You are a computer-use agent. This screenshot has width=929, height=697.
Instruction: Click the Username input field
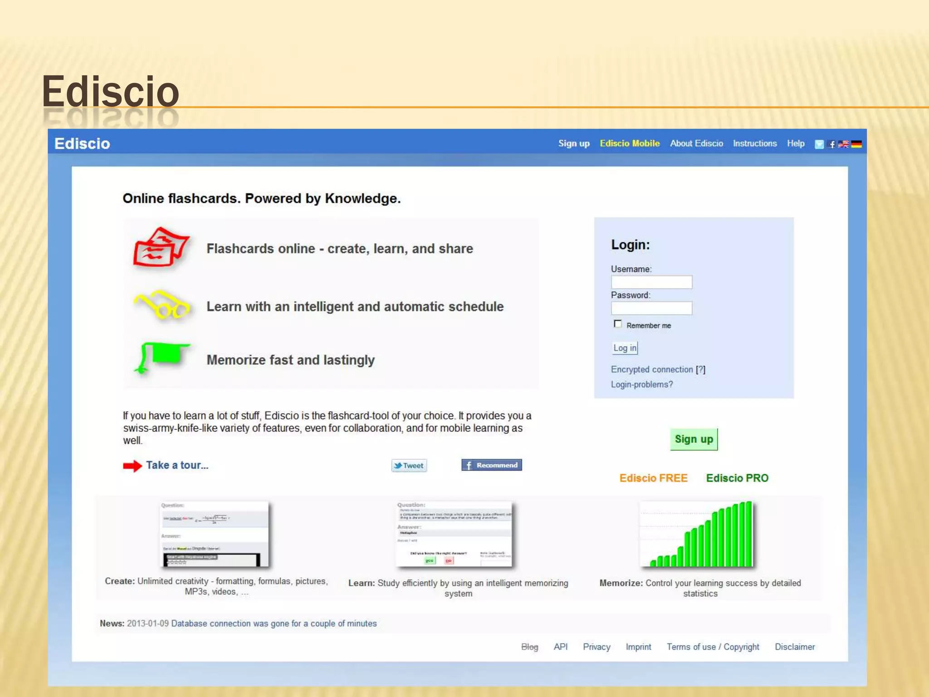point(651,282)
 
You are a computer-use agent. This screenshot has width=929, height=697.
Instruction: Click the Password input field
point(651,309)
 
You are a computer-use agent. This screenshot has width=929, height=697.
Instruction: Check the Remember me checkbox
point(617,324)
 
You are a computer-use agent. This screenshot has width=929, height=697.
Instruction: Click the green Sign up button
point(694,439)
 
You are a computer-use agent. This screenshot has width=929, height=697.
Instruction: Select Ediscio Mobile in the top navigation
point(630,143)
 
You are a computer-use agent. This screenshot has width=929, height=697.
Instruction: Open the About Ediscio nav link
point(696,143)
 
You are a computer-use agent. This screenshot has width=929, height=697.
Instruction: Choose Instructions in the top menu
point(755,143)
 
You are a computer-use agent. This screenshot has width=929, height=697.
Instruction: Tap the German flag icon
point(856,144)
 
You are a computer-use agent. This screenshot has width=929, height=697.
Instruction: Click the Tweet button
point(409,466)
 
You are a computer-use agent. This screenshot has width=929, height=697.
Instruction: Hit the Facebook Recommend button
point(492,465)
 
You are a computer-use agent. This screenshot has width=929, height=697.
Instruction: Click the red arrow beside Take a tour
point(132,466)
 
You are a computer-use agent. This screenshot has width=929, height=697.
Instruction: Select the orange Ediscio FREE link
point(653,478)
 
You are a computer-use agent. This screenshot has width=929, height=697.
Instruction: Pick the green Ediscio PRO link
point(737,478)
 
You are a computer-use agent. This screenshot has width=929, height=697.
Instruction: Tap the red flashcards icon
point(161,247)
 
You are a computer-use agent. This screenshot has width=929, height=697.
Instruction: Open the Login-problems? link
point(642,385)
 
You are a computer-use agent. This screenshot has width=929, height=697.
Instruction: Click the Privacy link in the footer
point(597,647)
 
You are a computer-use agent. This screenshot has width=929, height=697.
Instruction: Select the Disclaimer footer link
point(795,647)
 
